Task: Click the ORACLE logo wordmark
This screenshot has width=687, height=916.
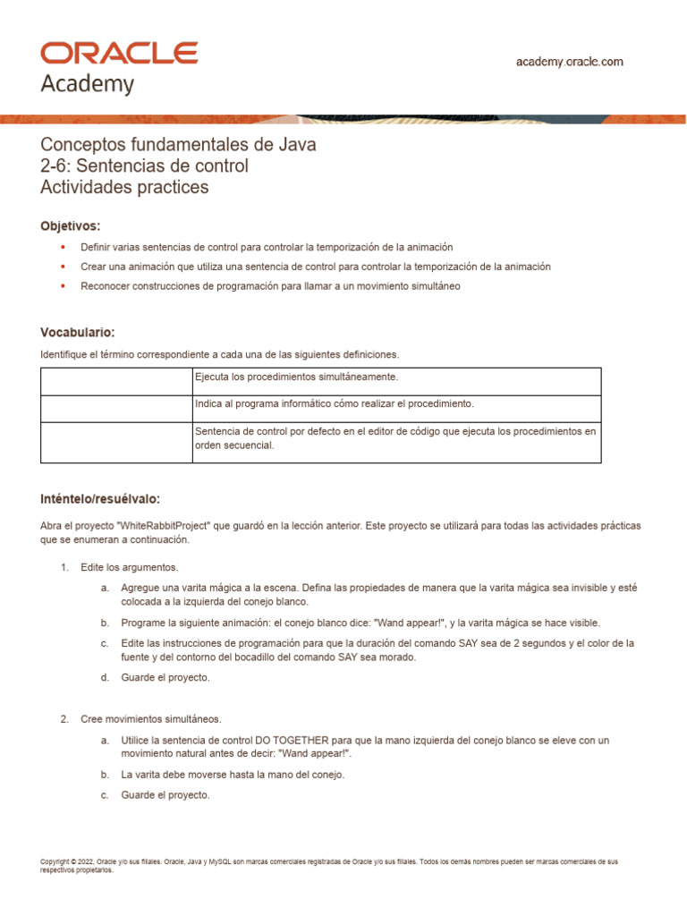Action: tap(119, 53)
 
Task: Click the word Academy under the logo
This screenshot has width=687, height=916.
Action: tap(88, 84)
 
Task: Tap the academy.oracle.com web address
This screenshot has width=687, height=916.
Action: tap(569, 62)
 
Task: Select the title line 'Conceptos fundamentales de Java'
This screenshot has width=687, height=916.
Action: tap(179, 145)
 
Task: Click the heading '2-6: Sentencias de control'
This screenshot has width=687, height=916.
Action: tap(145, 166)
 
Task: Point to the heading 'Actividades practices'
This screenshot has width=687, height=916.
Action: tap(124, 187)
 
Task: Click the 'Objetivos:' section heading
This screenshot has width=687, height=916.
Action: tap(71, 225)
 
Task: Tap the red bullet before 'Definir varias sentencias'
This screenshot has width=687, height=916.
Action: tap(62, 246)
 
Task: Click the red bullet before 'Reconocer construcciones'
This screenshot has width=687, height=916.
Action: tap(62, 286)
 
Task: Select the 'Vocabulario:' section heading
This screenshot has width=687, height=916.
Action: tap(78, 332)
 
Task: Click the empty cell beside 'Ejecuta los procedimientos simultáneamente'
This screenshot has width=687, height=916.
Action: tap(116, 381)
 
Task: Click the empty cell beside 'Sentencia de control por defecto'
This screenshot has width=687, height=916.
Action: tap(116, 442)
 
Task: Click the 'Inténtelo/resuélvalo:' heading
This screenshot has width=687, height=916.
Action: tap(100, 498)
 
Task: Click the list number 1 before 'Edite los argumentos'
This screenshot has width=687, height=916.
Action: tap(64, 568)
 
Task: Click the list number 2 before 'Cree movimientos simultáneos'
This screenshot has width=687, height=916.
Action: tap(64, 719)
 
